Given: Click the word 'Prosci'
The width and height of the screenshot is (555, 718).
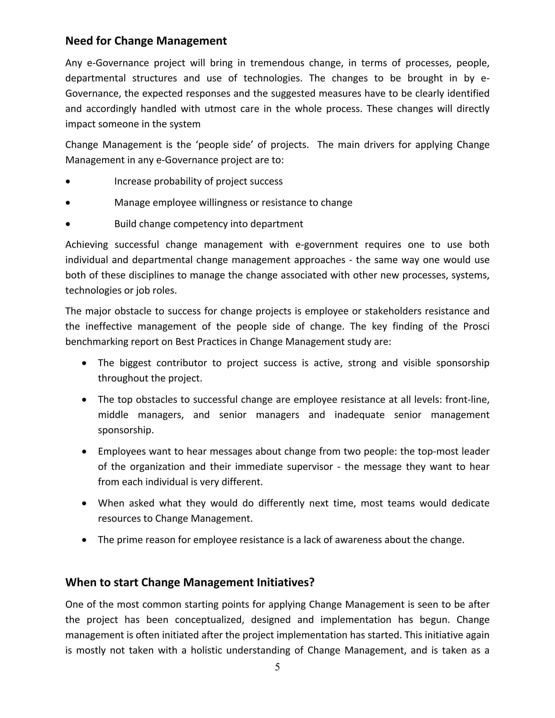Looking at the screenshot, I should tap(476, 326).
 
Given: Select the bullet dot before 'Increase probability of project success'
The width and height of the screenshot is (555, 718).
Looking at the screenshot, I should tap(68, 182).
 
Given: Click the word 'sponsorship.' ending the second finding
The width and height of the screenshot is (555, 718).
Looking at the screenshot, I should tap(125, 430).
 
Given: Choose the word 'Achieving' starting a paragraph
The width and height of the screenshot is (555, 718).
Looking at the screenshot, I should tap(86, 245).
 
